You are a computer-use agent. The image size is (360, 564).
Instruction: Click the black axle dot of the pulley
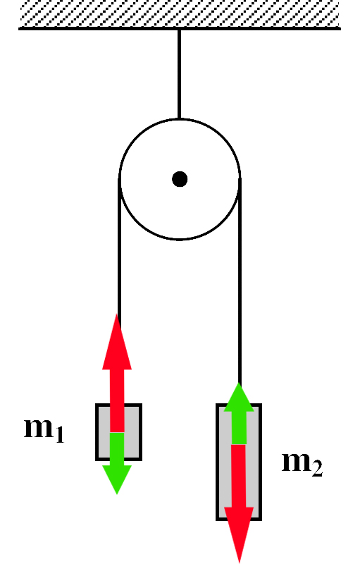tap(180, 179)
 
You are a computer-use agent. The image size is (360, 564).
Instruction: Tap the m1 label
tap(44, 429)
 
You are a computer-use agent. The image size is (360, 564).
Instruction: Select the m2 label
tap(302, 463)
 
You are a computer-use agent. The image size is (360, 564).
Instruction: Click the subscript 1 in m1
tap(60, 434)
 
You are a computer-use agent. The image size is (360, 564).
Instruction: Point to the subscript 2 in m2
tap(317, 469)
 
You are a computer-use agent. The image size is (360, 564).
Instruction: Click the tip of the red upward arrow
tap(116, 314)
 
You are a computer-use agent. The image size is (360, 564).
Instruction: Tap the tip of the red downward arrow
tap(240, 563)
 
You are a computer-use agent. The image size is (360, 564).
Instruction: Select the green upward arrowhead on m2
tap(239, 397)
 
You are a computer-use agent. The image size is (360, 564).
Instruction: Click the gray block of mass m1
tap(118, 431)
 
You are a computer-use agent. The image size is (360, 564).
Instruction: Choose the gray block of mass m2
tap(239, 462)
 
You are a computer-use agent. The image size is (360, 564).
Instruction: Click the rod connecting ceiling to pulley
tap(179, 74)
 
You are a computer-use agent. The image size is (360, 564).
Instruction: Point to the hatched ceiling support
tap(180, 14)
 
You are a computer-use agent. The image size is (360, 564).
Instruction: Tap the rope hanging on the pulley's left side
tap(119, 252)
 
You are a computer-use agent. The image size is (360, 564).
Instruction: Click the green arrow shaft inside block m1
tap(117, 449)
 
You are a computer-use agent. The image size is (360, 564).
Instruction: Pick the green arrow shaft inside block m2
tap(239, 428)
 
